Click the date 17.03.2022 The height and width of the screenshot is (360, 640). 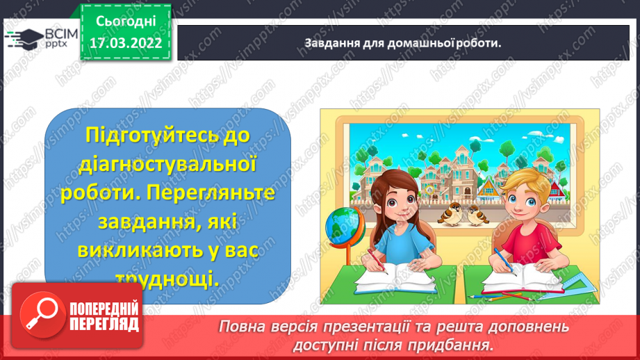point(125,43)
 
